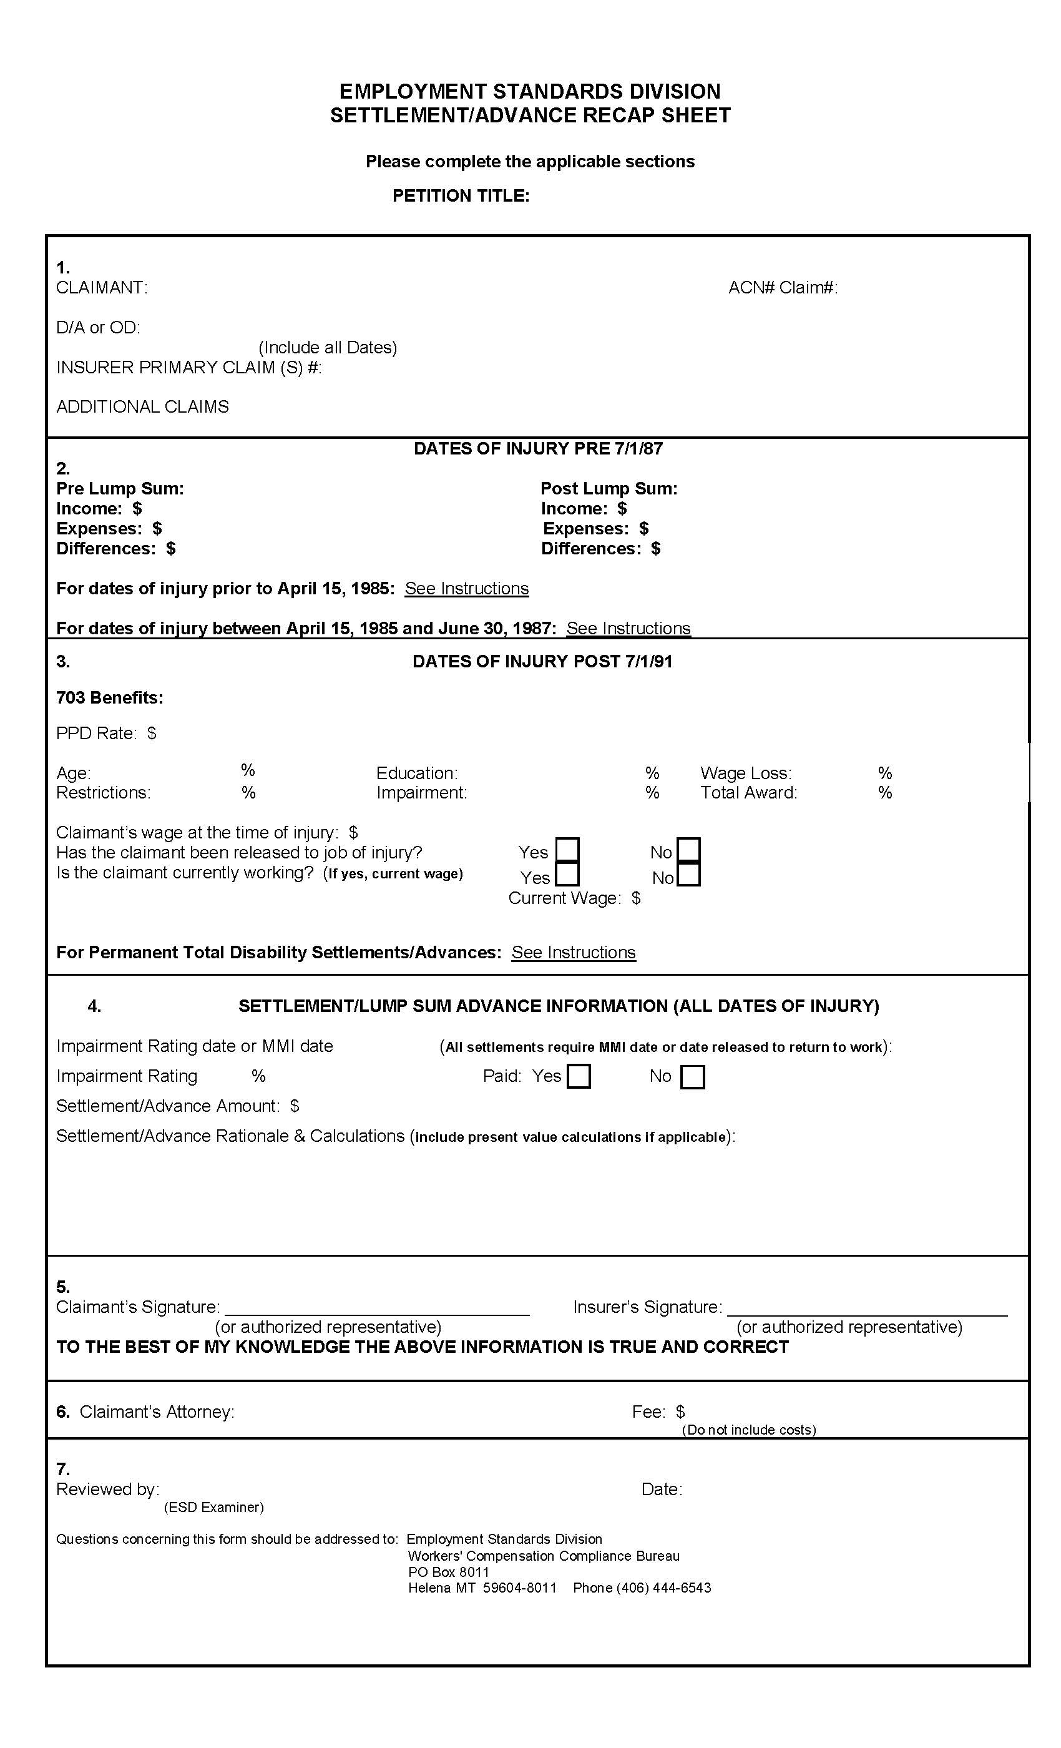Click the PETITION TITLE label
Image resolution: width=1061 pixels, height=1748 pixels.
461,196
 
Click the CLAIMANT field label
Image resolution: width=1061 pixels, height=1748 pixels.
101,287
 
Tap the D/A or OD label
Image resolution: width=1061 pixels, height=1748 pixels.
98,327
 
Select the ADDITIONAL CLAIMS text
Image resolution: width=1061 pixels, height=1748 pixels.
142,406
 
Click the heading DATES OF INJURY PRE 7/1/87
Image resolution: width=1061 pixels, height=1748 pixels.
537,448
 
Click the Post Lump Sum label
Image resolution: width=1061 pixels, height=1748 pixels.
609,488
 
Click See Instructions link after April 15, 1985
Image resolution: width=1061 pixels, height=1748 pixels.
466,588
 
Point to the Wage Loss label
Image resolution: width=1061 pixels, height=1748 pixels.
745,773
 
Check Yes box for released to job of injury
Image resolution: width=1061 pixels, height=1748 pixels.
567,849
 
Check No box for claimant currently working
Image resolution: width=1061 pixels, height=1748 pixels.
688,874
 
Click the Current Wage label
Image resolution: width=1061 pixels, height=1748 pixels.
565,898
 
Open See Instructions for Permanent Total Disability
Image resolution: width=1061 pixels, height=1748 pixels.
573,952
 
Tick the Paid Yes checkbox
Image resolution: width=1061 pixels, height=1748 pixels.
579,1077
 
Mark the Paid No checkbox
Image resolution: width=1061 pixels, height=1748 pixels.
692,1077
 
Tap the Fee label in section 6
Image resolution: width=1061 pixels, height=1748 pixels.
648,1412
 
